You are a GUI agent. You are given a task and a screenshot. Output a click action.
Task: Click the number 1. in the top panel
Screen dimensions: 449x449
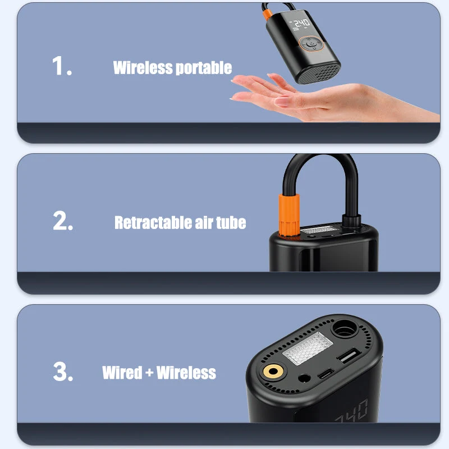(62, 66)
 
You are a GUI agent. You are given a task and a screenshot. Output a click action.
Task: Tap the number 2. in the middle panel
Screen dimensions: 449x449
(63, 221)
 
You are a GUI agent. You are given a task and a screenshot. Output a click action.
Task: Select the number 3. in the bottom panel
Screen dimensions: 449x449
(63, 372)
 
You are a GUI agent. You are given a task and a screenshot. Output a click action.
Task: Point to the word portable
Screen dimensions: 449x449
(204, 68)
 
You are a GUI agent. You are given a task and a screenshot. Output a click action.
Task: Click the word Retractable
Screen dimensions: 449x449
(153, 222)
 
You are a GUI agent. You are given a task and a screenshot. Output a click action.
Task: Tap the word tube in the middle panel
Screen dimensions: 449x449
(231, 222)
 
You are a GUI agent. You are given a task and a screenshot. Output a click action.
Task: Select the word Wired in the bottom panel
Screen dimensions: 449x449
(122, 373)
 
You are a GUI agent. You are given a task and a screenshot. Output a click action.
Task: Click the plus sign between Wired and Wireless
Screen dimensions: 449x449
(149, 373)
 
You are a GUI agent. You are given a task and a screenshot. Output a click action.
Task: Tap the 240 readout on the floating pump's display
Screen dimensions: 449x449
(302, 23)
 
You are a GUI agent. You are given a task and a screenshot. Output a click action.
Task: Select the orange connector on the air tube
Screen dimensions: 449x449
(289, 215)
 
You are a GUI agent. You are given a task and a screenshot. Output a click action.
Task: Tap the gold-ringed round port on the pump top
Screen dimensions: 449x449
(273, 372)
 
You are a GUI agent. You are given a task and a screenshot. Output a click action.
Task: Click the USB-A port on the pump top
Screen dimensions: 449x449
(349, 355)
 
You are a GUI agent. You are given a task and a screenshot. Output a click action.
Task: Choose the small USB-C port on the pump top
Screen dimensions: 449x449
(326, 374)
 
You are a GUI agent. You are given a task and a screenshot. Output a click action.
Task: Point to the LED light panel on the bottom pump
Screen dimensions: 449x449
(308, 348)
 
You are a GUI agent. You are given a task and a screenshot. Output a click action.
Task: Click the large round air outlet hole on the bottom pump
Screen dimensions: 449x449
(345, 328)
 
